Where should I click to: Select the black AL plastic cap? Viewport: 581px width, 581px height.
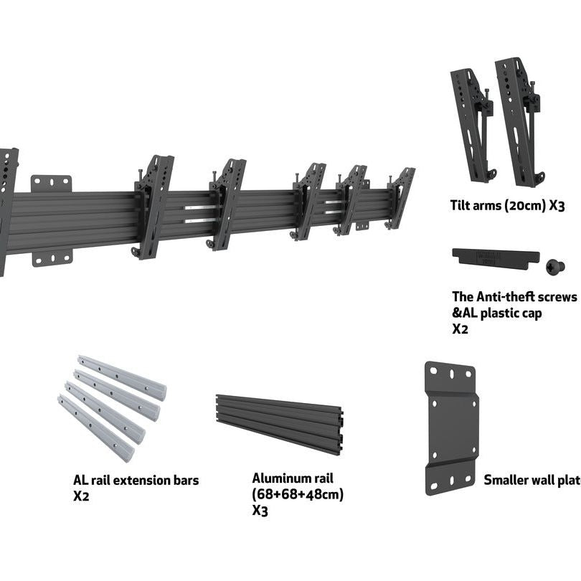(495, 257)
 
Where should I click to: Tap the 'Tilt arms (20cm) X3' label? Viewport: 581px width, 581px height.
(508, 206)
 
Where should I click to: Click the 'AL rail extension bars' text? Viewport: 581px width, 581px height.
(136, 481)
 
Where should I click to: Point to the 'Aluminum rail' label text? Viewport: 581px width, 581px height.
(293, 478)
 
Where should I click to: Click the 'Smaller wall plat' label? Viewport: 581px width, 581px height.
(532, 480)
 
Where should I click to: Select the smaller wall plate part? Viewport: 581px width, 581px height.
(451, 428)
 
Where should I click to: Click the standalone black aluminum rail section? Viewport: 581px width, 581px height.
(280, 423)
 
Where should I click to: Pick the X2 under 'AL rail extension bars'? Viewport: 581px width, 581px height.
(81, 496)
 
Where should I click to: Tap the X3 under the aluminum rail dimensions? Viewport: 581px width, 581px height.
(260, 510)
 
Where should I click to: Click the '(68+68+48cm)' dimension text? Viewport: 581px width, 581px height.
(298, 494)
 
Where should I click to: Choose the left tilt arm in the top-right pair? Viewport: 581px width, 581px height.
(471, 126)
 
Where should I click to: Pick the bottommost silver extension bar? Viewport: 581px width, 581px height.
(95, 428)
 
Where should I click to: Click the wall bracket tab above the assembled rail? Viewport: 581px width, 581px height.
(51, 183)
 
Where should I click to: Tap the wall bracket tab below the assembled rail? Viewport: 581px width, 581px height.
(52, 258)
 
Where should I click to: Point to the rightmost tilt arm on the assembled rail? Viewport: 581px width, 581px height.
(400, 197)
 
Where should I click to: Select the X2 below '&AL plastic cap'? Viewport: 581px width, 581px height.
(460, 329)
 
